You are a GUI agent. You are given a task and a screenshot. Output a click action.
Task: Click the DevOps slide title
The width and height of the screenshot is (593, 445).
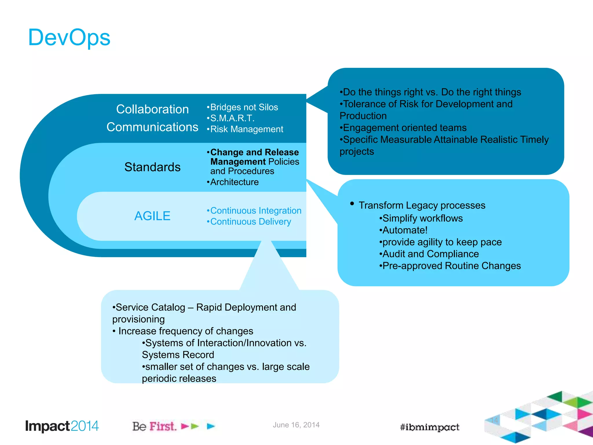(x=69, y=38)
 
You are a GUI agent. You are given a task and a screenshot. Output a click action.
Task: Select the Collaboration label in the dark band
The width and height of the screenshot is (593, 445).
(x=152, y=110)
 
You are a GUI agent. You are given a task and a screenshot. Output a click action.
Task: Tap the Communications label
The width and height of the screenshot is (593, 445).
(x=152, y=127)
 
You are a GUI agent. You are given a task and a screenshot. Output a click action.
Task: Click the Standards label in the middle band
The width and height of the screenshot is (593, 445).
(x=152, y=167)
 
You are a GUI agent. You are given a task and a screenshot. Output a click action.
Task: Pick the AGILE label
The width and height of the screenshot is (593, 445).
(x=152, y=216)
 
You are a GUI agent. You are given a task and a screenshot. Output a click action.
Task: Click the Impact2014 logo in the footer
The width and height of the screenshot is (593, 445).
(x=62, y=426)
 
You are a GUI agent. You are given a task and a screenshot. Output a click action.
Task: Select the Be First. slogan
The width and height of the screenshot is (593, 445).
(x=154, y=426)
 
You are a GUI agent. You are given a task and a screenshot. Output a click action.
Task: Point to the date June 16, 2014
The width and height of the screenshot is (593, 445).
(x=296, y=425)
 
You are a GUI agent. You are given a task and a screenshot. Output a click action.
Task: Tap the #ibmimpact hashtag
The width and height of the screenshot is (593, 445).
(x=429, y=427)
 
